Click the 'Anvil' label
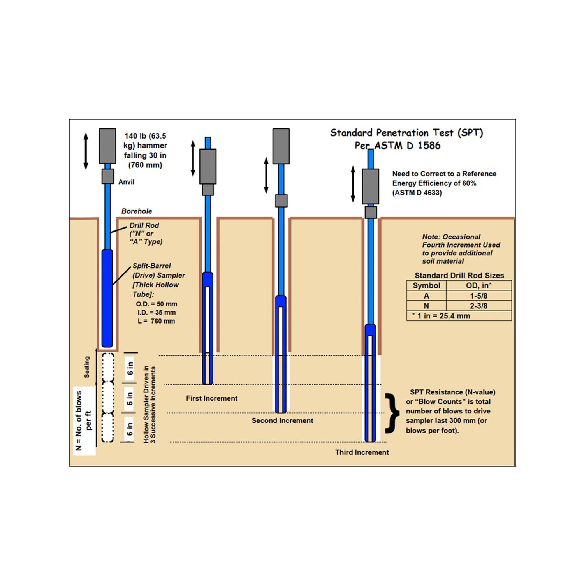[126, 182]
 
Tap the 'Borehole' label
[137, 211]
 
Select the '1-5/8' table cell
[478, 296]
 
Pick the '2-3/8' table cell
[478, 306]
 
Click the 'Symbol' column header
[426, 285]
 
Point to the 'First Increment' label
[211, 398]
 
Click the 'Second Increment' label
[282, 420]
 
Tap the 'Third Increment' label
[362, 452]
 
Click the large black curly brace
[392, 413]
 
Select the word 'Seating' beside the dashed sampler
[87, 367]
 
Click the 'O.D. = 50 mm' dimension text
[157, 304]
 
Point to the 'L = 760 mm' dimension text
[156, 321]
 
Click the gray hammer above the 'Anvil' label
[107, 146]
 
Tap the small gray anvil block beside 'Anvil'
[108, 176]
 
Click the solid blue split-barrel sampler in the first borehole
[107, 298]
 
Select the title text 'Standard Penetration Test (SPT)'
[406, 133]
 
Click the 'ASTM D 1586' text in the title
[407, 146]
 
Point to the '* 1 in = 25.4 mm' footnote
[441, 316]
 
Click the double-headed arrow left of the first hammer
[86, 151]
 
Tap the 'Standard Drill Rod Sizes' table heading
[459, 275]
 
